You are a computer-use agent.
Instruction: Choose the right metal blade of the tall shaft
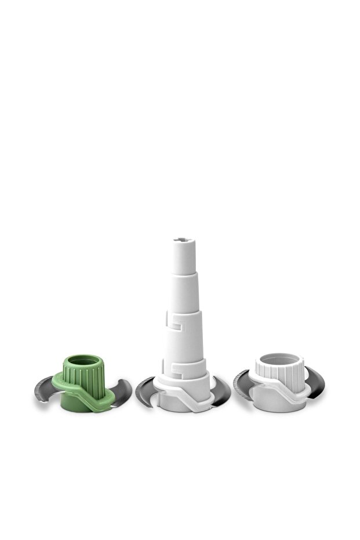[x=221, y=391]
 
